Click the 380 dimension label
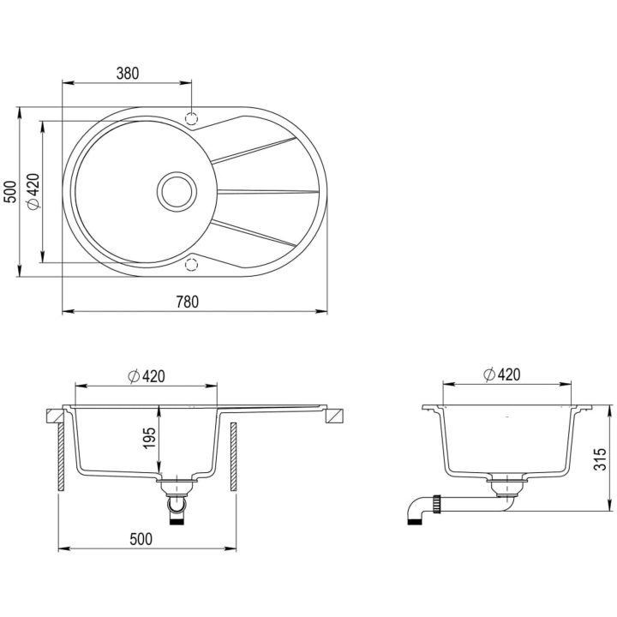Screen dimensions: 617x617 pyautogui.click(x=128, y=73)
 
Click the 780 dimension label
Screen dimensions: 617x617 pyautogui.click(x=188, y=302)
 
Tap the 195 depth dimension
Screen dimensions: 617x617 pyautogui.click(x=150, y=438)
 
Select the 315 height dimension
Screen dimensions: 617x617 pyautogui.click(x=601, y=458)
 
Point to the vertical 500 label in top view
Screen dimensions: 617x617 pyautogui.click(x=10, y=192)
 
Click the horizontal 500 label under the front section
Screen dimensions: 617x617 pyautogui.click(x=141, y=539)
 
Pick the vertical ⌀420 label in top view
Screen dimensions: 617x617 pyautogui.click(x=33, y=192)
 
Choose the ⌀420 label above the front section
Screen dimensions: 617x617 pyautogui.click(x=147, y=376)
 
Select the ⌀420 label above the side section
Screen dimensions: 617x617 pyautogui.click(x=501, y=374)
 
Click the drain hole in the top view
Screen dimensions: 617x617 pyautogui.click(x=177, y=192)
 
